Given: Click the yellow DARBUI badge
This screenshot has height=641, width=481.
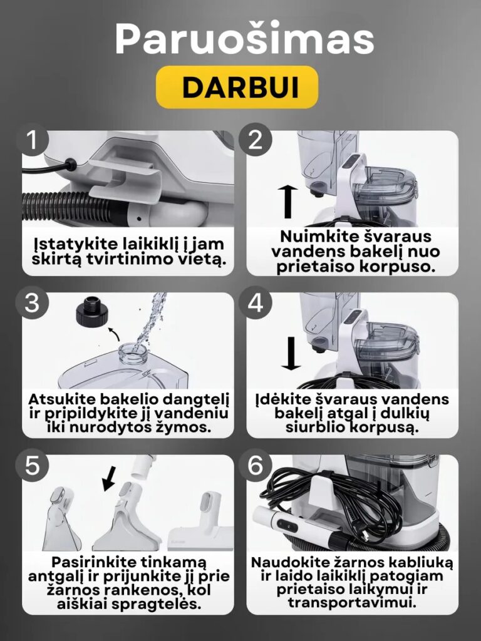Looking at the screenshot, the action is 237,87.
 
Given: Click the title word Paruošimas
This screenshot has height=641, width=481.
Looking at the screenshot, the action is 245,39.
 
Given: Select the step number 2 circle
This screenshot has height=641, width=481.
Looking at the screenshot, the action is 256,140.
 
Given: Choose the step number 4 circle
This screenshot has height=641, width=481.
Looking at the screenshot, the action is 256,302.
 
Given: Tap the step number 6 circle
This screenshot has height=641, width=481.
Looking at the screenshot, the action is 256,465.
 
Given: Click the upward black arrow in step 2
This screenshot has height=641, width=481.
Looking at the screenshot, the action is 288,202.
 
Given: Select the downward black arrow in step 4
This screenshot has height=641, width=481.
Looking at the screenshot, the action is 291,354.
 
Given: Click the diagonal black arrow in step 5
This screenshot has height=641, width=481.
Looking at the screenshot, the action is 109,478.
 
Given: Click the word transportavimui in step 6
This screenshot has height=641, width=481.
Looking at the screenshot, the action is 352,603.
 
